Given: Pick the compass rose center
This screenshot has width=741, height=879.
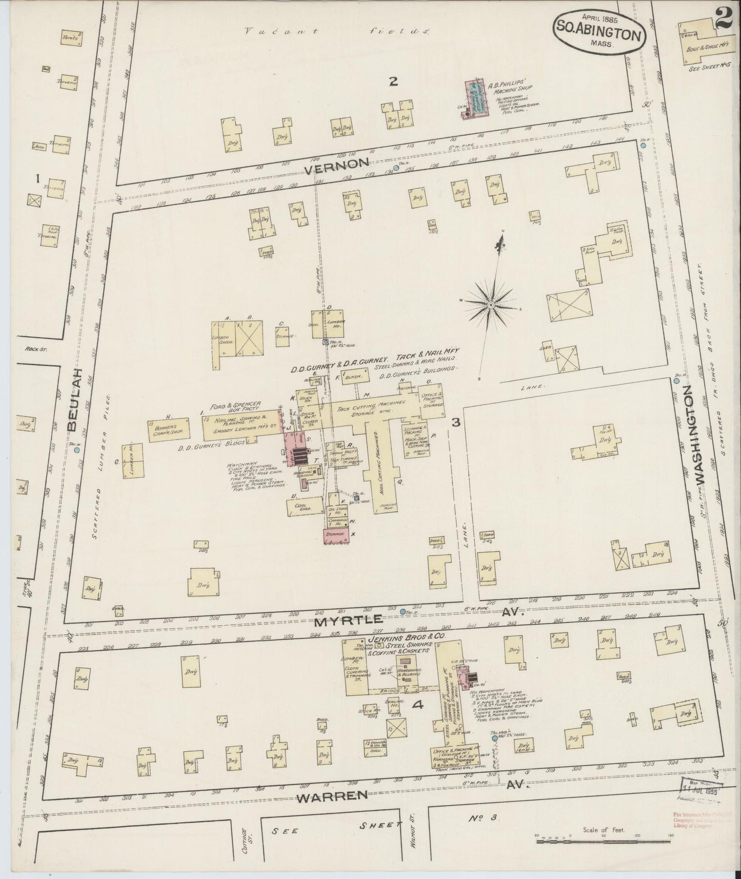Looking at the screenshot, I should pos(491,305).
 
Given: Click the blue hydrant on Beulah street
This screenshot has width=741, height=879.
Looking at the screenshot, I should pos(76,450).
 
